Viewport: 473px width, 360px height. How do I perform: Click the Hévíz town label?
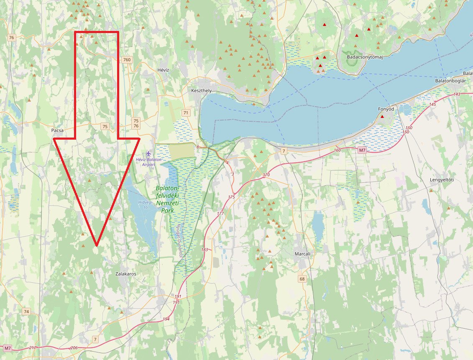pyautogui.click(x=162, y=70)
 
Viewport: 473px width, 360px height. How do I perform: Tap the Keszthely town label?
pyautogui.click(x=201, y=91)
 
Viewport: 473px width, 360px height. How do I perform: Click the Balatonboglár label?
pyautogui.click(x=450, y=80)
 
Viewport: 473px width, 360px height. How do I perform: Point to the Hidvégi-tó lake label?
pyautogui.click(x=143, y=204)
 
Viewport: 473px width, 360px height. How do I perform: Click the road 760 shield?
pyautogui.click(x=127, y=60)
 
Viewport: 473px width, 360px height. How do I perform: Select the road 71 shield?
pyautogui.click(x=186, y=113)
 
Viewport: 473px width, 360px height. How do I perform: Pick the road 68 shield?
pyautogui.click(x=302, y=278)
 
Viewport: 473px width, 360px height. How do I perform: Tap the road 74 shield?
pyautogui.click(x=26, y=312)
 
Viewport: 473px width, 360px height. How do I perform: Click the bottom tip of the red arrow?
pyautogui.click(x=97, y=245)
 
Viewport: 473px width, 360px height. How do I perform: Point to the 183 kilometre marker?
pyautogui.click(x=204, y=250)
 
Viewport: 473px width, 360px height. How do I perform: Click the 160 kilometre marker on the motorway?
pyautogui.click(x=337, y=150)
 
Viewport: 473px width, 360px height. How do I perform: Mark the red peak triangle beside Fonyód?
pyautogui.click(x=382, y=116)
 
